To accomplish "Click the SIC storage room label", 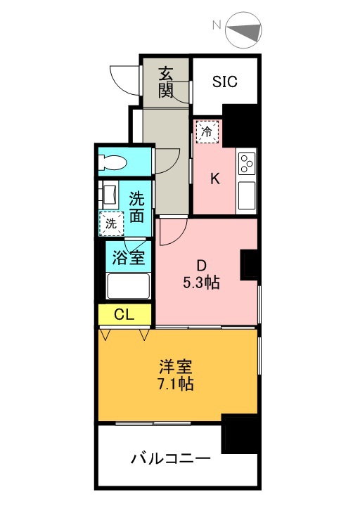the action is (225, 82).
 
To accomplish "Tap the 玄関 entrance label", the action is (165, 82).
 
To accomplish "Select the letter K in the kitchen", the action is (215, 179).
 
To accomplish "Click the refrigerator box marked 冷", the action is (207, 131).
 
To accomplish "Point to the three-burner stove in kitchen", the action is (247, 164).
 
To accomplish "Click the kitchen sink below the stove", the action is (247, 195).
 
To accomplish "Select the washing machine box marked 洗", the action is (111, 223).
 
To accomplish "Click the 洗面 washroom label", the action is (136, 207).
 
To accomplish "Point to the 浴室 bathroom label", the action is (129, 257).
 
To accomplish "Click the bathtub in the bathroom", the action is (129, 286).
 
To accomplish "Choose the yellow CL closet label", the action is (124, 315).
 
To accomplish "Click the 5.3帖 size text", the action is (202, 283).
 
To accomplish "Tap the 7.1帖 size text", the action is (176, 384).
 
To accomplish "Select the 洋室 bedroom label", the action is (176, 367).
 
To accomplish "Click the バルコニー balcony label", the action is (171, 458).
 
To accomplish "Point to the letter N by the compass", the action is (217, 25).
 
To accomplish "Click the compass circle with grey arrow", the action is (244, 30).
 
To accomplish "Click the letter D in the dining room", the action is (202, 266).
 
